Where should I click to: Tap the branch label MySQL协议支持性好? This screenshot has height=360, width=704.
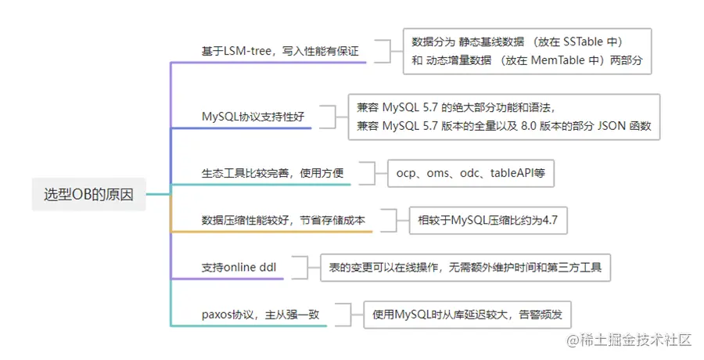[253, 117]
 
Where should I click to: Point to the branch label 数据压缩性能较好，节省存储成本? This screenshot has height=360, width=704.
[283, 221]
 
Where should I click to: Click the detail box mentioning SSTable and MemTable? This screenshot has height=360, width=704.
[527, 51]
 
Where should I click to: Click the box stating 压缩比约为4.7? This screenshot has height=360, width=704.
[488, 221]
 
